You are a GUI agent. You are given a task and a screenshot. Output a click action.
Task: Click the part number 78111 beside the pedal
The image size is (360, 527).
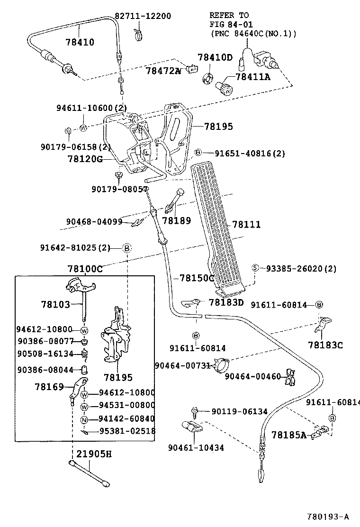pos(246,224)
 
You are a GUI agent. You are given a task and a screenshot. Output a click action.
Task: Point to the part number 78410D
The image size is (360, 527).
pos(215,58)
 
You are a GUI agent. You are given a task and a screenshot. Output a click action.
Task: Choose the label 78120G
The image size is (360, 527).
pos(85,159)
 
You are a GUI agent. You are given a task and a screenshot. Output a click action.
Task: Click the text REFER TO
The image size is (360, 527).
pos(229,15)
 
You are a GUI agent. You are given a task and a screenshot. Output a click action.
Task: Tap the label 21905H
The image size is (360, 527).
pos(95,454)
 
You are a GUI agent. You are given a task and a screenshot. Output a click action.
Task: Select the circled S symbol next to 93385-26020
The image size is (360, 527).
pos(255,268)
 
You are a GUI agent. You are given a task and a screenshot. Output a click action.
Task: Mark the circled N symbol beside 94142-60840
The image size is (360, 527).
pos(84,419)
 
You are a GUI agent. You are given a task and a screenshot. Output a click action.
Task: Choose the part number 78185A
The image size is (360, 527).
pos(288,434)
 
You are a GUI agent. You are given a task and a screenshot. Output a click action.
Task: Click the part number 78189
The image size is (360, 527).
pos(176,220)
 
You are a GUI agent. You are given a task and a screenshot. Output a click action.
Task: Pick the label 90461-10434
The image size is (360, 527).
pos(196,447)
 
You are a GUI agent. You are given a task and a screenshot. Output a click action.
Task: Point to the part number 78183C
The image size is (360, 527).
pos(325,345)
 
